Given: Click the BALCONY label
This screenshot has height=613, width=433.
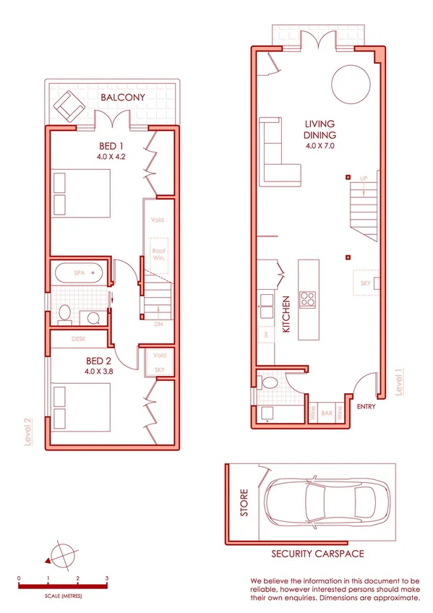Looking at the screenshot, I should (x=123, y=97).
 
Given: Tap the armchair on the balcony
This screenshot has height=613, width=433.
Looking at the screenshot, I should (x=70, y=106).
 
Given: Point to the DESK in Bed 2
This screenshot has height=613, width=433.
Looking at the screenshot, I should (x=79, y=338).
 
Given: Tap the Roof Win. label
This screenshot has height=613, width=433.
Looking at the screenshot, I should (x=159, y=254).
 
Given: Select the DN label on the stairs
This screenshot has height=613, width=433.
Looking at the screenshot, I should (x=158, y=325).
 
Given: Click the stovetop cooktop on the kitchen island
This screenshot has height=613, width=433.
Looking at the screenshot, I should (x=308, y=298).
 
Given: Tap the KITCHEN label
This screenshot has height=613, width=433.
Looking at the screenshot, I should (x=286, y=314).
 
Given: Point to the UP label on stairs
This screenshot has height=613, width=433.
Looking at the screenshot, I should (x=364, y=178).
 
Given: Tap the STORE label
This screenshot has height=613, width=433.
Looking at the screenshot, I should (x=244, y=504).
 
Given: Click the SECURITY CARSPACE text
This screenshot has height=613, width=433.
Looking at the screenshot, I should (x=317, y=554).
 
